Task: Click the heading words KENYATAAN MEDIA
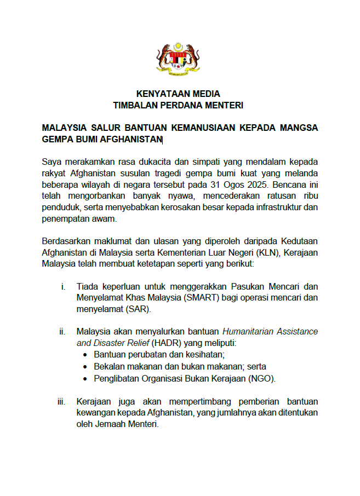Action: pos(178,94)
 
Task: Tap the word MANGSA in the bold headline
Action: pos(299,128)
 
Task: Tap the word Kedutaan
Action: pos(299,242)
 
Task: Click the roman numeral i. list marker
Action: pos(63,286)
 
